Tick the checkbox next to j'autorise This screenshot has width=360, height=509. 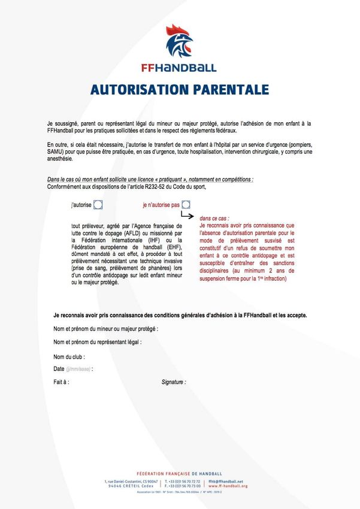coord(98,205)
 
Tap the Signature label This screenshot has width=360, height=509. coord(174,381)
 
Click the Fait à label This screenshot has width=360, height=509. coord(61,381)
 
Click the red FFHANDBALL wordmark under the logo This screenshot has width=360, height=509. coord(180,68)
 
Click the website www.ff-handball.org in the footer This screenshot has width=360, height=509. coord(228,486)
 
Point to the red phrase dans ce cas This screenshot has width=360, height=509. coord(214,219)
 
